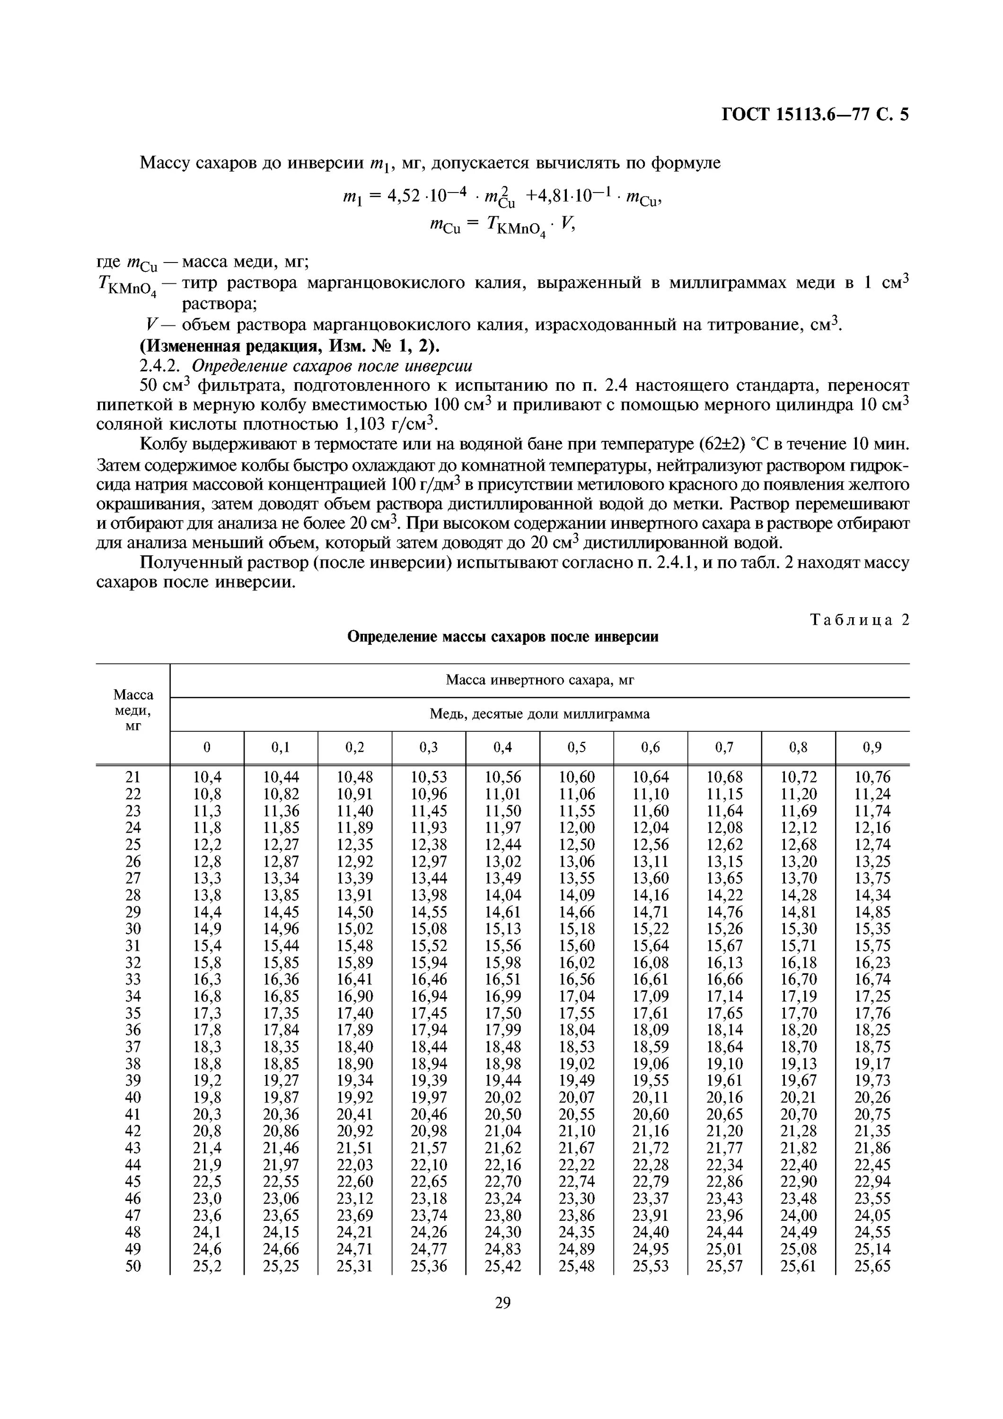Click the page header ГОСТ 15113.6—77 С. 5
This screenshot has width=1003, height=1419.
(815, 115)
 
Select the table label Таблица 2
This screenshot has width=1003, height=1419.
(860, 620)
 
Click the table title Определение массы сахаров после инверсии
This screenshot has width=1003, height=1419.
(502, 637)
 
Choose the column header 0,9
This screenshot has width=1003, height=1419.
(872, 747)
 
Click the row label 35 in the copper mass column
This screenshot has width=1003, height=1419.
(133, 1013)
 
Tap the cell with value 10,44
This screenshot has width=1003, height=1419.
(281, 777)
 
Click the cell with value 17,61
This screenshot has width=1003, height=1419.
(650, 1013)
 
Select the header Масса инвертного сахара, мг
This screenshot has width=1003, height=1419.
(539, 681)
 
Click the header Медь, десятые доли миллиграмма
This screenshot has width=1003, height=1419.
(539, 714)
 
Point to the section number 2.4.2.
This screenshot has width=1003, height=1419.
(159, 367)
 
